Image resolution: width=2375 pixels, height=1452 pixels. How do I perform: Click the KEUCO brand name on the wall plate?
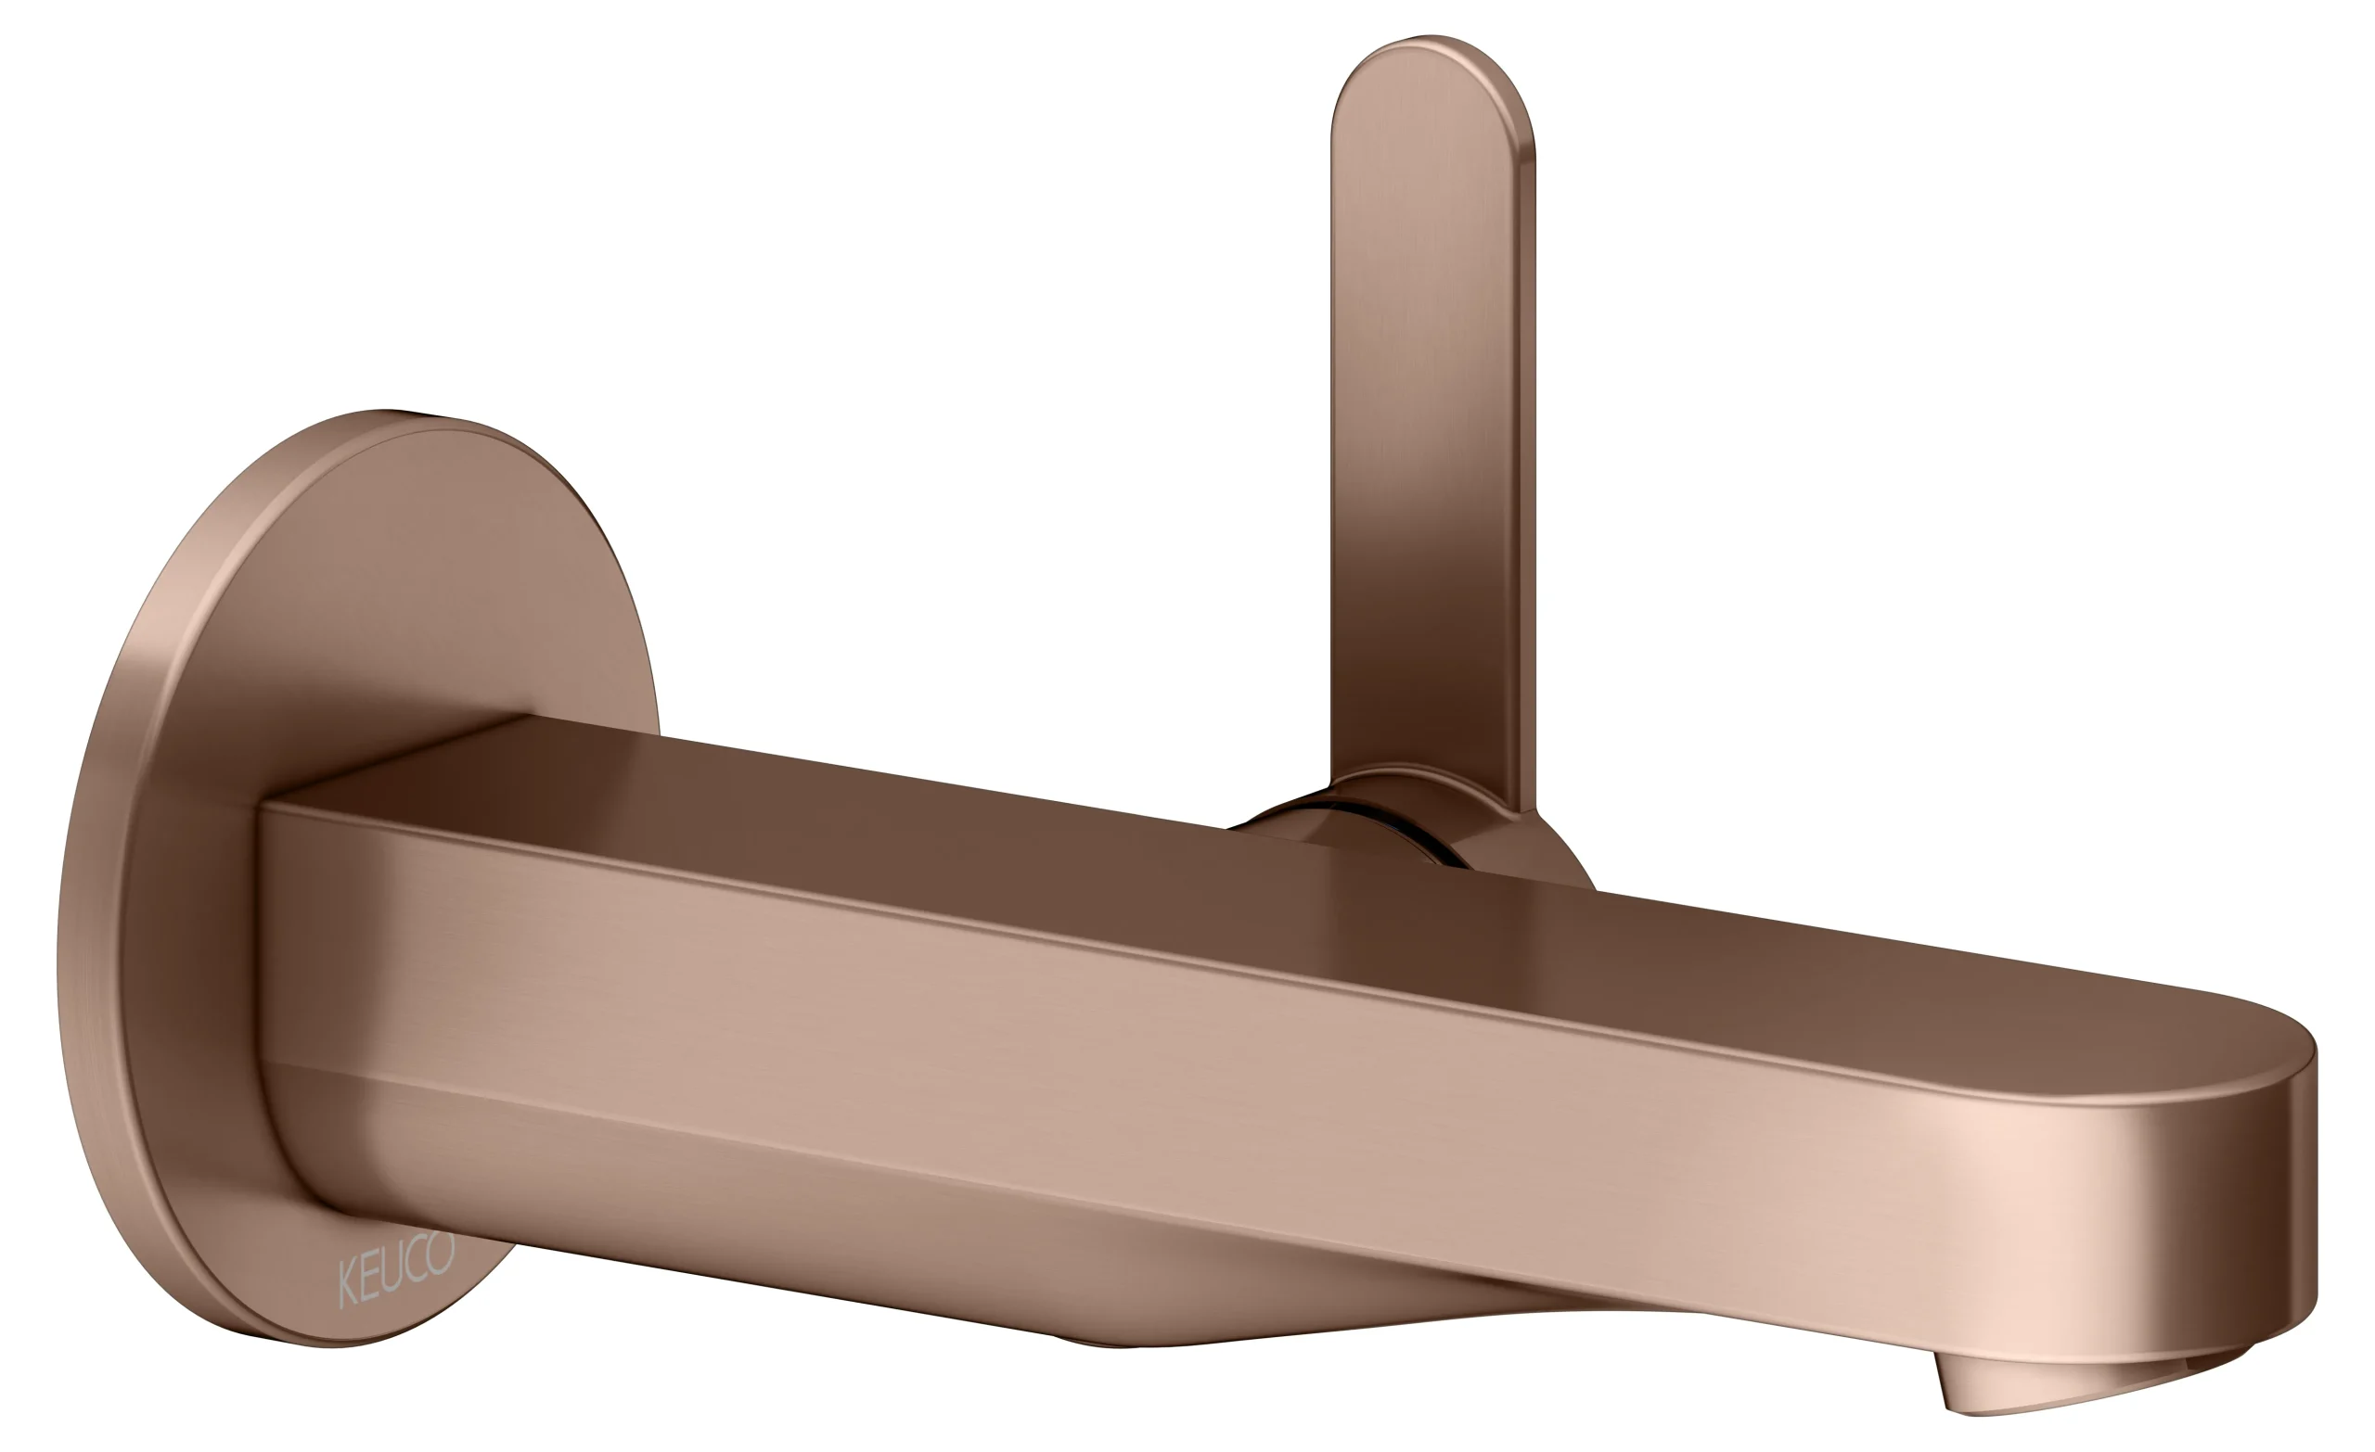point(396,1269)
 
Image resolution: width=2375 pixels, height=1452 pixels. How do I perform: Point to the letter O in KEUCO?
point(441,1253)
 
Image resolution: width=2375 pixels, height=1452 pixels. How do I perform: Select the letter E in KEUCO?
point(367,1280)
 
